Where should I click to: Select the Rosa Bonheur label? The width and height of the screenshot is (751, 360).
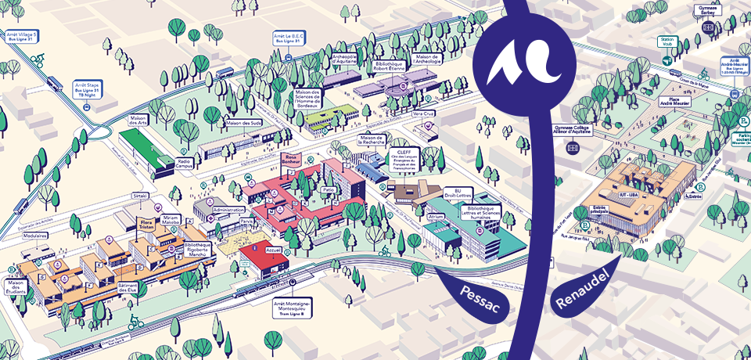[294, 160]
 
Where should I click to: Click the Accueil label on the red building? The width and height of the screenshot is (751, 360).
[274, 251]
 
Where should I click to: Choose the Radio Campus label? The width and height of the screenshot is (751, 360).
[185, 163]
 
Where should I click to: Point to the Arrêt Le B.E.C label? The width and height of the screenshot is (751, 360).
[287, 38]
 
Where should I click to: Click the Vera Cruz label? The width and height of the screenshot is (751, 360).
[423, 113]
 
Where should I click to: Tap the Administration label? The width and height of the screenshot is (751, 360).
[229, 210]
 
